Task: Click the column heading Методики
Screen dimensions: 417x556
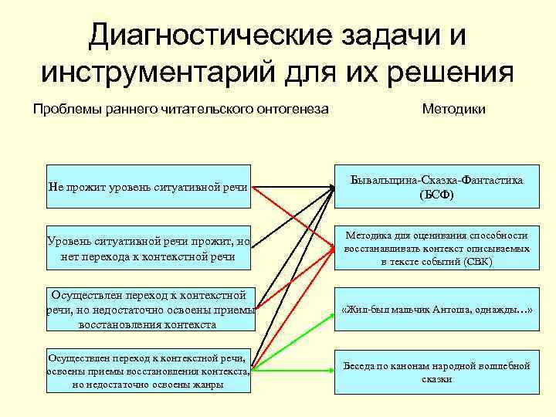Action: [x=453, y=110]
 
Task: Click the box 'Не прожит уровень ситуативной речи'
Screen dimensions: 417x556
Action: [x=149, y=187]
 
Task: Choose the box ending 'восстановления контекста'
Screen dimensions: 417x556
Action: [x=149, y=310]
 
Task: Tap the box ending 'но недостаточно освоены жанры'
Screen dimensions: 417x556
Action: [x=149, y=371]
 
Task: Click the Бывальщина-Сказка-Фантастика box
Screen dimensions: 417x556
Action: [x=437, y=187]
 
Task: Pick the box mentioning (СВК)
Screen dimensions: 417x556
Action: [x=437, y=249]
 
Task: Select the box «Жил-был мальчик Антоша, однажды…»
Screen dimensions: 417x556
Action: [x=437, y=310]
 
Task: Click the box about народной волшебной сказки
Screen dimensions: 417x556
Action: [x=437, y=372]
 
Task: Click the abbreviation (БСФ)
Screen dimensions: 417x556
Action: [x=437, y=195]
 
